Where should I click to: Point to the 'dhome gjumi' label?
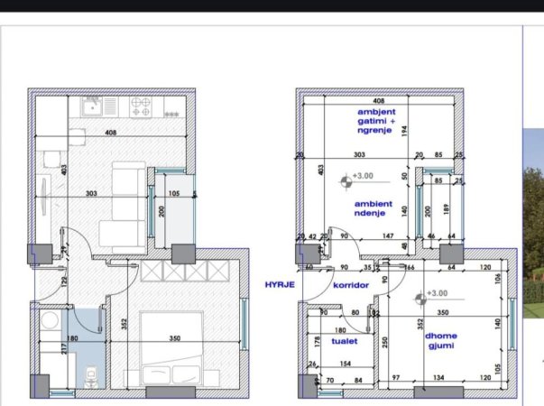(441, 340)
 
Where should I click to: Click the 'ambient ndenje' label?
(373, 208)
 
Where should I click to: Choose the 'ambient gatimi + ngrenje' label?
(376, 121)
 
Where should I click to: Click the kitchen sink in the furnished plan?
(91, 108)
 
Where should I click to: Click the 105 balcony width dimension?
(173, 193)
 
